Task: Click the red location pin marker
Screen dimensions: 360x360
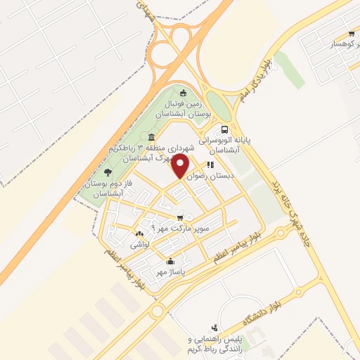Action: click(x=181, y=166)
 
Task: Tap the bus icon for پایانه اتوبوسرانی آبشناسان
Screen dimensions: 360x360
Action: click(x=224, y=129)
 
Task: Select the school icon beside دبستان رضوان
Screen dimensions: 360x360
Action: click(x=210, y=165)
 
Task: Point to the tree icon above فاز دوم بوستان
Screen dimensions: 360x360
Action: click(x=108, y=172)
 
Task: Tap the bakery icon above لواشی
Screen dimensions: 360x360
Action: click(x=139, y=234)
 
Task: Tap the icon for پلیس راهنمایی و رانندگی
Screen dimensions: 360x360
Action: click(x=214, y=327)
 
